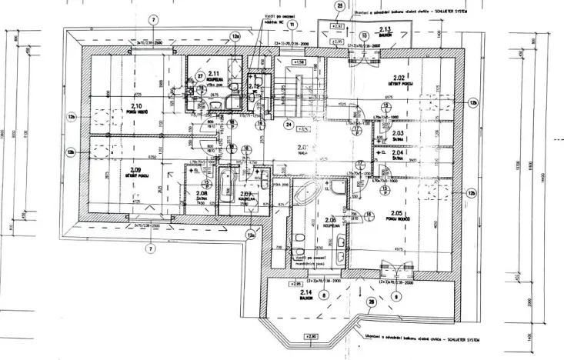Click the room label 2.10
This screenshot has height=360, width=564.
click(136, 106)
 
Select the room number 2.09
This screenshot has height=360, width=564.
click(136, 170)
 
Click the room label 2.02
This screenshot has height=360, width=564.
click(399, 78)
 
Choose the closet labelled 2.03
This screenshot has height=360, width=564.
click(398, 133)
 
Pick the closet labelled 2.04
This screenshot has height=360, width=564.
click(398, 152)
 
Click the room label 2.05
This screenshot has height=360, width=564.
click(398, 213)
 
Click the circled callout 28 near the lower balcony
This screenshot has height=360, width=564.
click(372, 303)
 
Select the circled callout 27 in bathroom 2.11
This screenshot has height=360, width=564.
click(199, 77)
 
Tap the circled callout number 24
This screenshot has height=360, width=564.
click(289, 123)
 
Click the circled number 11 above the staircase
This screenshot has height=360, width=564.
click(292, 25)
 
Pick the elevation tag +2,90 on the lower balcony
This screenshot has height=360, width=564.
click(311, 336)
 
